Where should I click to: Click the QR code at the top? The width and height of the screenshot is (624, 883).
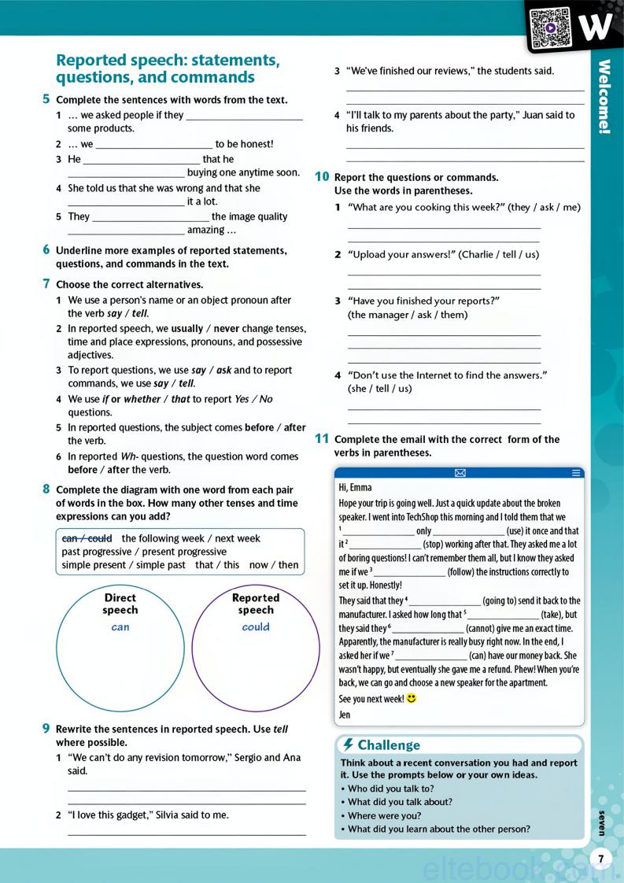(x=549, y=26)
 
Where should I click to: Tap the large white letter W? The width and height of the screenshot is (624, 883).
(x=595, y=26)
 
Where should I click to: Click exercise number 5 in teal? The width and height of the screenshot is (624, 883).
(x=46, y=99)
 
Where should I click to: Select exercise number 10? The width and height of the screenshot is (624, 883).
(x=322, y=177)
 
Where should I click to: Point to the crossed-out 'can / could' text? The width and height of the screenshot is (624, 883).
(x=87, y=538)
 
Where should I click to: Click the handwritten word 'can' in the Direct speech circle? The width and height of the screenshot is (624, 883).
(x=120, y=627)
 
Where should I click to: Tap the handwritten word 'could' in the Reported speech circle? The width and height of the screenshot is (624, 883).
(x=256, y=627)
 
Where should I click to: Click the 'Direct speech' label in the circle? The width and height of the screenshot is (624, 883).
(x=120, y=604)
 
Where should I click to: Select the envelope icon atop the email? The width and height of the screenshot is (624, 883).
(x=460, y=473)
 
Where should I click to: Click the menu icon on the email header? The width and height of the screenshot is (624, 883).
(x=576, y=473)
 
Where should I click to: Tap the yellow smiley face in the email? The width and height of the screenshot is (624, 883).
(x=411, y=698)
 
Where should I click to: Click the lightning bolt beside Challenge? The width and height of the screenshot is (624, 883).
(x=348, y=744)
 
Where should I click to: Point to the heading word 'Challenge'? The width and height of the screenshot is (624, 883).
(x=389, y=745)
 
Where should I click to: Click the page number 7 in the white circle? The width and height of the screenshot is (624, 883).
(x=600, y=859)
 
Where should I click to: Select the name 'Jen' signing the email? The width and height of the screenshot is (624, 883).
(x=344, y=715)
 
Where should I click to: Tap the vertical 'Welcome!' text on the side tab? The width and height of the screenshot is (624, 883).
(x=604, y=98)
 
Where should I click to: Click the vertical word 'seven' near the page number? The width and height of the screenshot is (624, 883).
(x=601, y=822)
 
